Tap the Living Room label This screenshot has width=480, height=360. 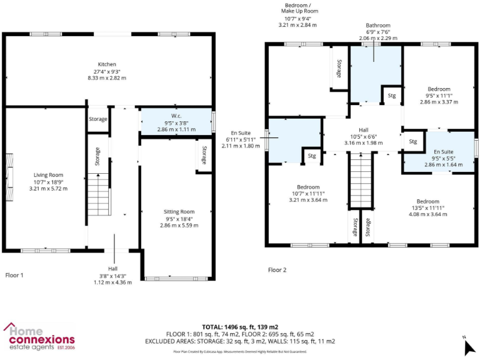[47, 175]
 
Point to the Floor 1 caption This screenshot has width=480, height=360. [14, 274]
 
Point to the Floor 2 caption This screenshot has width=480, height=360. [277, 270]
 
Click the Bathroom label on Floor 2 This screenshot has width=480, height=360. [378, 26]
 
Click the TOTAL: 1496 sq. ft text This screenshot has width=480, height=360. [240, 327]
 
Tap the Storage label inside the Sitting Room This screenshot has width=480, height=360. [204, 156]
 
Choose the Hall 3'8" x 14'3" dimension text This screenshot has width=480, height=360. [112, 275]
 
